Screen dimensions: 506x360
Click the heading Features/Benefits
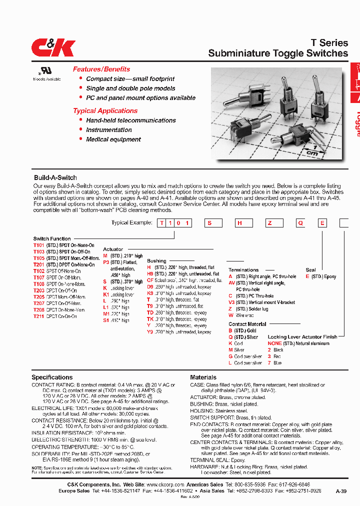(x=101, y=69)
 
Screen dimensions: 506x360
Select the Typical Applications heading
(x=105, y=110)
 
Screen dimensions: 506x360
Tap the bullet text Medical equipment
(x=113, y=139)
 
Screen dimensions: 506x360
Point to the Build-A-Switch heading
(x=55, y=177)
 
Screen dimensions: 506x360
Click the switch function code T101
(x=38, y=245)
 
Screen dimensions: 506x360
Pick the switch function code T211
(x=38, y=316)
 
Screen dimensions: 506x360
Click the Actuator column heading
(x=113, y=249)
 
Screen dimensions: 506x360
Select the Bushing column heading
(x=156, y=261)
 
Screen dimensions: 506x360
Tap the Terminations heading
(x=243, y=270)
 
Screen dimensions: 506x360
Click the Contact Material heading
(x=247, y=324)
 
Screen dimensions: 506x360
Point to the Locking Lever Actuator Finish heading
(x=302, y=337)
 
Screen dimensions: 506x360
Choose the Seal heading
(x=310, y=270)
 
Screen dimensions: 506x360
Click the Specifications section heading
(x=52, y=377)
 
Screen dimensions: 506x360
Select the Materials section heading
(x=203, y=377)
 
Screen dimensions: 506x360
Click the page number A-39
(x=341, y=492)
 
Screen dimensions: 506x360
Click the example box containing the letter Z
(x=269, y=223)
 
